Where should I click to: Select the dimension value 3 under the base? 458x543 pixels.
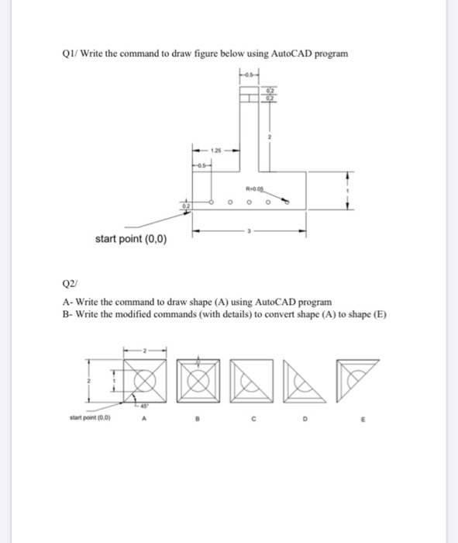pyautogui.click(x=250, y=230)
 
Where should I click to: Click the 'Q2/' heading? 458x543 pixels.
pyautogui.click(x=66, y=284)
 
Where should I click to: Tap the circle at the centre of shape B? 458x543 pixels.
pyautogui.click(x=201, y=382)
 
